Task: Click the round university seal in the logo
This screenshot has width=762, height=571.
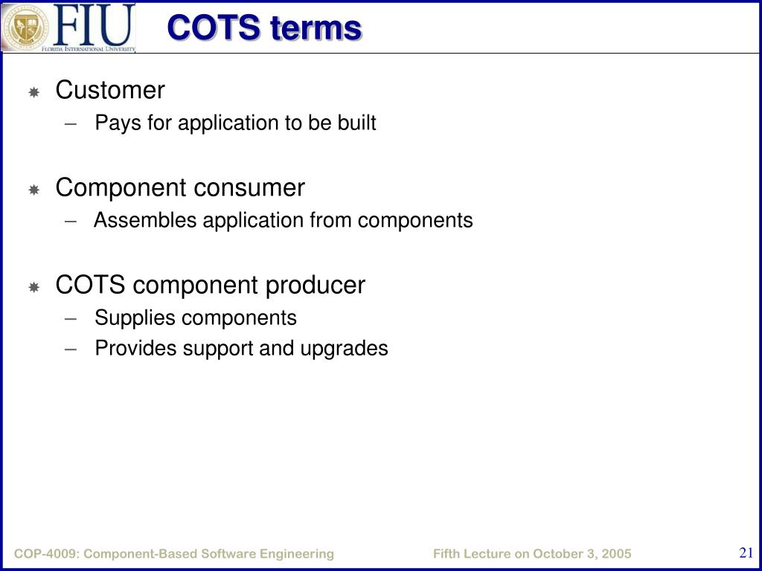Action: pos(26,27)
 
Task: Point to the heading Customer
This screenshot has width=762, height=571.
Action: pos(110,90)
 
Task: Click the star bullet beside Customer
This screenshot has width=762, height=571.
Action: pos(33,92)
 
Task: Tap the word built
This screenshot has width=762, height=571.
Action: pos(356,123)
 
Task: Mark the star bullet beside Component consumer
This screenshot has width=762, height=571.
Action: pos(33,190)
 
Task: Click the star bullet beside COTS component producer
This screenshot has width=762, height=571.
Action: pos(33,287)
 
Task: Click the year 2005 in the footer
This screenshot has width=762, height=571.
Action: pos(615,554)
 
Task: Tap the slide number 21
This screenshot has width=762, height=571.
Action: pos(746,552)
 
